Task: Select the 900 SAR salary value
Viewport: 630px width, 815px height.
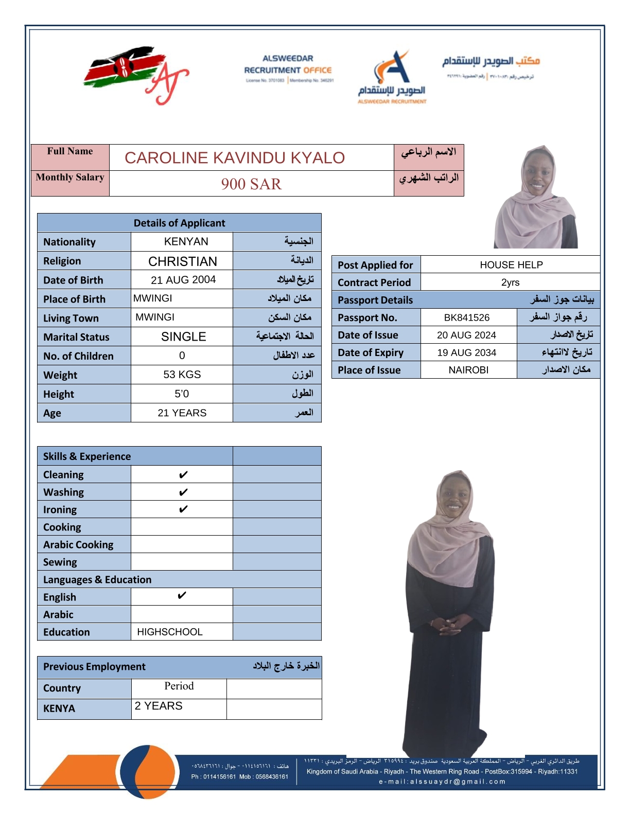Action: [x=251, y=184]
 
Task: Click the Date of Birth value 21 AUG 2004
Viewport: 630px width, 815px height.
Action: [x=183, y=280]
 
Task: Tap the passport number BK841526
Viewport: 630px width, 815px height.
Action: [x=467, y=317]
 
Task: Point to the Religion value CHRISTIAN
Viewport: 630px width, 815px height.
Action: [x=183, y=261]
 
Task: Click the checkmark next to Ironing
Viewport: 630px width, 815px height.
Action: [x=183, y=509]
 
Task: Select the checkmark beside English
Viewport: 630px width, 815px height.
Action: [x=182, y=596]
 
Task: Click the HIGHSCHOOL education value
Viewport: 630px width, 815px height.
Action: [x=169, y=632]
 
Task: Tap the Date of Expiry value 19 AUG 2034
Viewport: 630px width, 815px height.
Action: [x=467, y=352]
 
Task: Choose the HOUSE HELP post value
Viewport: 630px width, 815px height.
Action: [x=511, y=264]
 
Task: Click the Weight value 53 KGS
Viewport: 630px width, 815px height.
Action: [x=182, y=375]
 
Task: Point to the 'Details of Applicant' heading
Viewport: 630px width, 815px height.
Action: [x=179, y=223]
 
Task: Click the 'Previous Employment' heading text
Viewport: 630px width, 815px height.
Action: [x=94, y=667]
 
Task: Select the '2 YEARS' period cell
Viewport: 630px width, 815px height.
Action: [x=159, y=706]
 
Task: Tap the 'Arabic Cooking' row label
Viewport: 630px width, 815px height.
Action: [x=78, y=544]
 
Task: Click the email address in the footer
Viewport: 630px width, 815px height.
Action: [x=442, y=782]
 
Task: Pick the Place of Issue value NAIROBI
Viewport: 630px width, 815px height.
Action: [x=468, y=370]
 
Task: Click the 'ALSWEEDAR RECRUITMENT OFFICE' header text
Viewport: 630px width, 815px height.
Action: [x=288, y=65]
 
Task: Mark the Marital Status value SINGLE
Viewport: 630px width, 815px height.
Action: [x=183, y=337]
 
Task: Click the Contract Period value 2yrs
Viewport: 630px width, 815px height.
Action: [x=510, y=282]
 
